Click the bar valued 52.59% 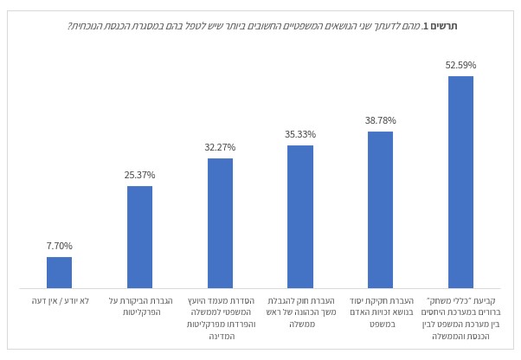click(x=460, y=182)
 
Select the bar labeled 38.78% click(x=380, y=209)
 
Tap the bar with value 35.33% click(x=300, y=216)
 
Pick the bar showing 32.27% click(x=220, y=222)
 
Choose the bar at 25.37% click(x=139, y=236)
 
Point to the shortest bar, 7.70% click(x=60, y=272)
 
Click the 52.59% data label click(x=460, y=65)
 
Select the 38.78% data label click(x=380, y=121)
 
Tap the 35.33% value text click(x=300, y=134)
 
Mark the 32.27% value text click(x=220, y=147)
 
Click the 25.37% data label click(x=139, y=175)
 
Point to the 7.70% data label click(x=60, y=246)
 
